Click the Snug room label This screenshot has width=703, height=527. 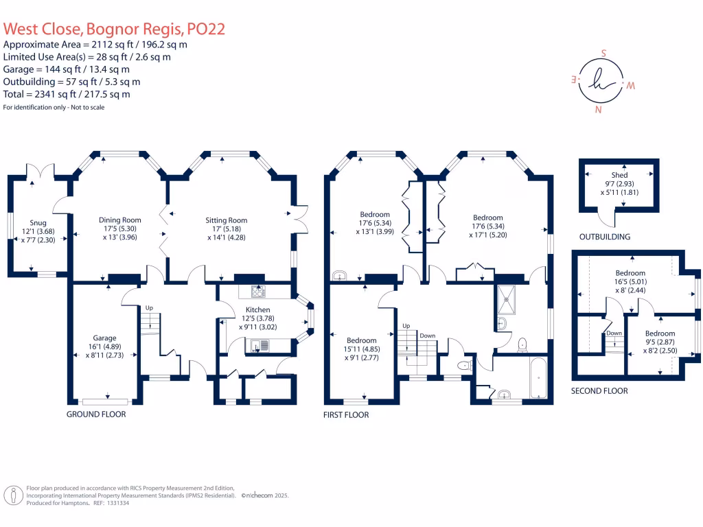point(38,222)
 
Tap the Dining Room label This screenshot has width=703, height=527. point(119,220)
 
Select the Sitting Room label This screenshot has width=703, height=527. point(226,220)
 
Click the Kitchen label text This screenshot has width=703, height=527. point(258,309)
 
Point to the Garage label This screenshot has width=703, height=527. point(105,338)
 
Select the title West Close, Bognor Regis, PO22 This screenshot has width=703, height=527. point(115,29)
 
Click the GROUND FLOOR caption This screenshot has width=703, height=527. point(96,414)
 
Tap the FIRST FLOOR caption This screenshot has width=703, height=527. point(346,415)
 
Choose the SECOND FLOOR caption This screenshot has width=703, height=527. point(599,390)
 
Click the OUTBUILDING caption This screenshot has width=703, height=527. point(605,237)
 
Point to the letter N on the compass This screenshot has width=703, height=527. point(599,110)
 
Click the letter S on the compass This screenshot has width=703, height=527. point(604,53)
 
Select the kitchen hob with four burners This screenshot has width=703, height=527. point(258,292)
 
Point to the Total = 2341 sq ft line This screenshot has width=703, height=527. point(67,94)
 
